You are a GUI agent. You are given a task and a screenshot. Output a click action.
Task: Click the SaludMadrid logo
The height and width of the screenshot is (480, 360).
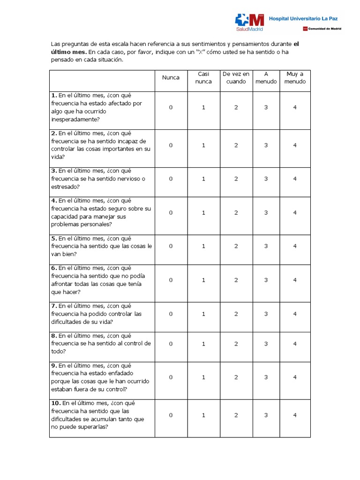249,22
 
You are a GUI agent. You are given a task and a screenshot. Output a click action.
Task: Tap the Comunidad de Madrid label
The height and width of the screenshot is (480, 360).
324,29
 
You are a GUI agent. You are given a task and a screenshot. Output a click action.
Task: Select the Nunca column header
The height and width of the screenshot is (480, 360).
171,78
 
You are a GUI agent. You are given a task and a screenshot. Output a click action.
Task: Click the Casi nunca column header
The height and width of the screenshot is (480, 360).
203,78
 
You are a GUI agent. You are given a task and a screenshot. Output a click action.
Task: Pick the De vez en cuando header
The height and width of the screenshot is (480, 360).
236,78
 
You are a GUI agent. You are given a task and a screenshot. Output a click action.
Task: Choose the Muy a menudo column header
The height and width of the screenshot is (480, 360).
295,78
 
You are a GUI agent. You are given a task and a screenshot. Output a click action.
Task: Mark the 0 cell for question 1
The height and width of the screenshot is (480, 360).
171,107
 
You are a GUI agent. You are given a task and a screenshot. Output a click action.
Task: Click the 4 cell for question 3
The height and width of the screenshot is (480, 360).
295,179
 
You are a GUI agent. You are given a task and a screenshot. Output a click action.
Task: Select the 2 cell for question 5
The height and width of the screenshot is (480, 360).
236,246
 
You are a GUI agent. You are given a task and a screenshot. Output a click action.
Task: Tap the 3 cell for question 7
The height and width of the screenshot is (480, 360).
266,314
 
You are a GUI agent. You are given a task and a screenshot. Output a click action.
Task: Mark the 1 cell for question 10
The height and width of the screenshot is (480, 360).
203,415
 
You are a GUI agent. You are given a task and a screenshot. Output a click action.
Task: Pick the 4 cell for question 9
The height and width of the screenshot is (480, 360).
295,377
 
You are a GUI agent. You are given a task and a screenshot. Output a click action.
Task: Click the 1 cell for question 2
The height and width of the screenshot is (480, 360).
203,145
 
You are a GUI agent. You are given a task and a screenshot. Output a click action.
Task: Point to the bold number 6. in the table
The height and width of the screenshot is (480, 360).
54,268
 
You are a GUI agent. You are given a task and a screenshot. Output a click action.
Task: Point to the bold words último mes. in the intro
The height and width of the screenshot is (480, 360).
69,52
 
